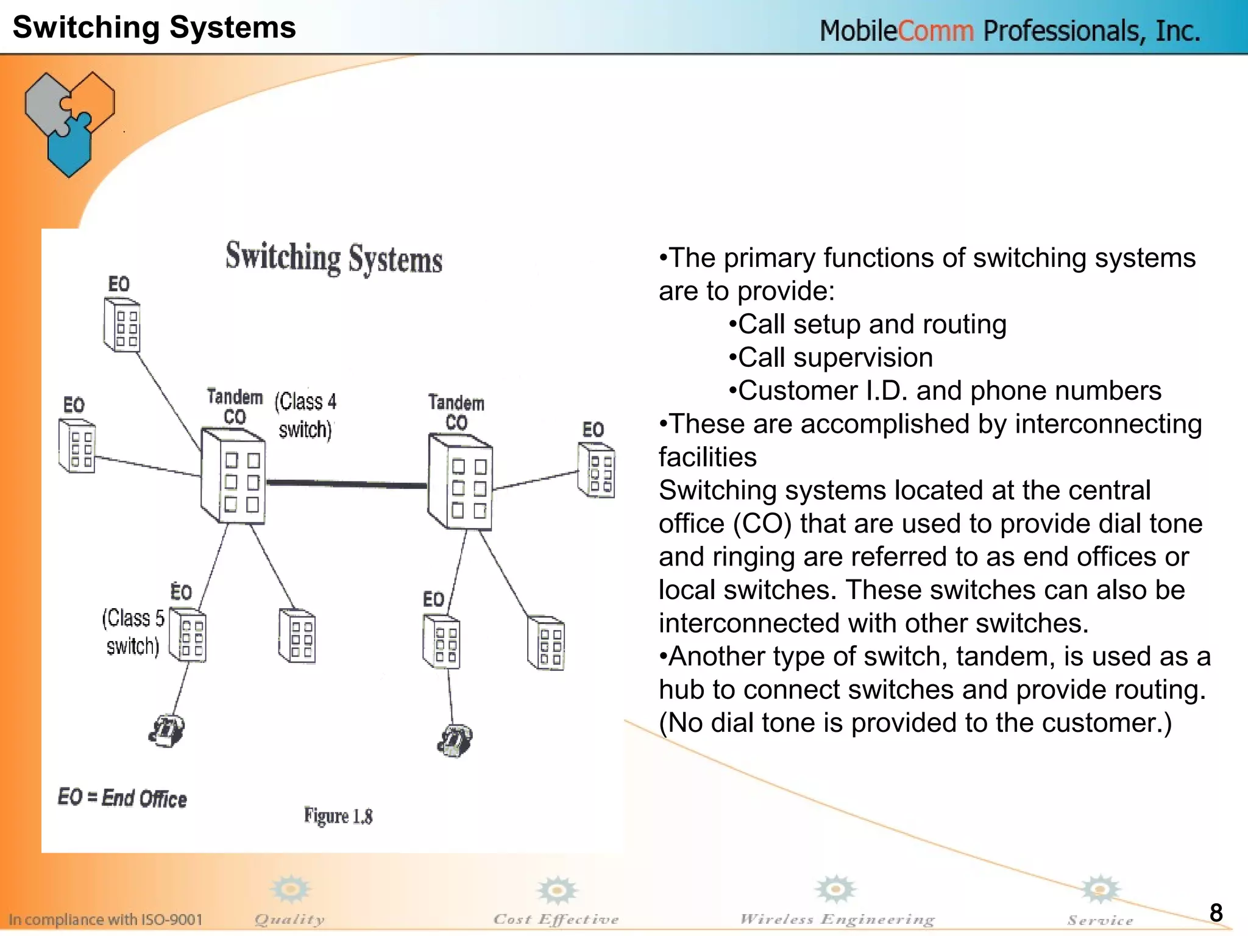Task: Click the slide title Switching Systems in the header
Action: coord(154,27)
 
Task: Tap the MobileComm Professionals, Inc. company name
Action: coord(1009,30)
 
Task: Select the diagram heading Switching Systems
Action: coord(334,258)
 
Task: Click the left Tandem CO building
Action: coord(233,477)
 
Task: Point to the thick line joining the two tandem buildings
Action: coord(346,484)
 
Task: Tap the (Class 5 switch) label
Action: coord(133,632)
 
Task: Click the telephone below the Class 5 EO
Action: coord(166,731)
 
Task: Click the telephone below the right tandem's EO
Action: coord(455,740)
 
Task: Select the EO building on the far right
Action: coord(596,470)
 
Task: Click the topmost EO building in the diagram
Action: coord(122,325)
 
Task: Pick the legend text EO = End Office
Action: coord(122,798)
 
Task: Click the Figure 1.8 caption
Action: coord(338,816)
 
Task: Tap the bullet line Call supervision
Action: coord(831,358)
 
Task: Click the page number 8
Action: coord(1216,913)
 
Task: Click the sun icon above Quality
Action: coord(291,890)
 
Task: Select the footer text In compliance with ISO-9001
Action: coord(105,919)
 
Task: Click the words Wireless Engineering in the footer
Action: coord(837,919)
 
